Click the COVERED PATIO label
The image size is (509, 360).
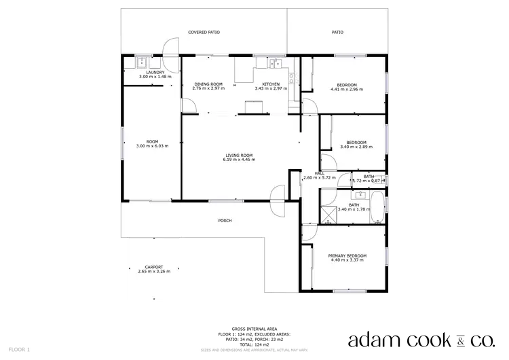(x=204, y=32)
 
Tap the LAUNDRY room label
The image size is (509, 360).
(x=155, y=73)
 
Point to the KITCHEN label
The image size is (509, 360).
(x=271, y=84)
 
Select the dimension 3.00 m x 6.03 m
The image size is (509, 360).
(x=152, y=146)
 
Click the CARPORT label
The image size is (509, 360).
(x=154, y=267)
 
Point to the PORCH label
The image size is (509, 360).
(x=225, y=221)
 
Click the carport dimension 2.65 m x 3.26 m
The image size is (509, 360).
(x=154, y=272)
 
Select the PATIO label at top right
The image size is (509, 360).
(x=337, y=32)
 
